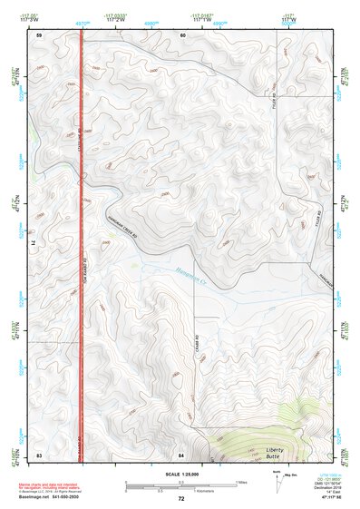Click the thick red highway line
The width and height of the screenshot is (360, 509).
tap(82, 272)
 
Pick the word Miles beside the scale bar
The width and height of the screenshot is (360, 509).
tap(240, 481)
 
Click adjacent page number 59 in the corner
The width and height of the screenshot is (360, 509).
tap(39, 35)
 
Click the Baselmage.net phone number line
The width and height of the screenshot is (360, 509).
tap(50, 498)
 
